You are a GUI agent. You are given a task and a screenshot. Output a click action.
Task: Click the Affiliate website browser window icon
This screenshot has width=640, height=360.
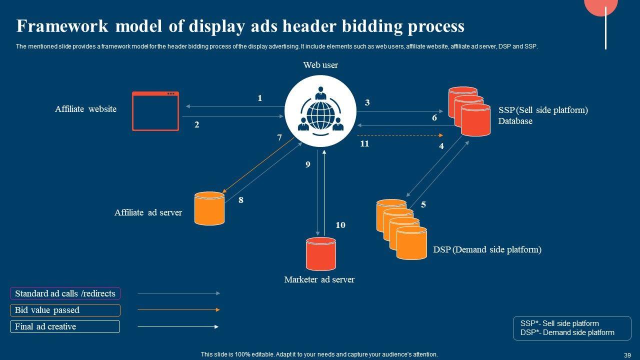(x=155, y=111)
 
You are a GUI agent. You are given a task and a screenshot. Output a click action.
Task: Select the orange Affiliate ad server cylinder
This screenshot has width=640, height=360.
(x=209, y=208)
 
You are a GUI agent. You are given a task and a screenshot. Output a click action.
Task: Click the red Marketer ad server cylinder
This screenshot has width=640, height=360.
(x=321, y=254)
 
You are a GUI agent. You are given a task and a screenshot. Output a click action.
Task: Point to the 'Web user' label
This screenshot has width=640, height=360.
(x=320, y=65)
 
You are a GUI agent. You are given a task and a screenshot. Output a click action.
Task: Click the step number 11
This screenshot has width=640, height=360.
(x=364, y=143)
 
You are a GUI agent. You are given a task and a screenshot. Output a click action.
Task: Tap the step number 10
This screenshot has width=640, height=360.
(x=340, y=225)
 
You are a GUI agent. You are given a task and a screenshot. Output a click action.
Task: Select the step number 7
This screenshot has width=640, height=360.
(x=279, y=137)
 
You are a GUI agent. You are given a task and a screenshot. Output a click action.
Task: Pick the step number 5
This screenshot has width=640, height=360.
(x=423, y=204)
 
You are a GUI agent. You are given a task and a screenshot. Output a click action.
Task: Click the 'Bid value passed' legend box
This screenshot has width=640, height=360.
(x=65, y=310)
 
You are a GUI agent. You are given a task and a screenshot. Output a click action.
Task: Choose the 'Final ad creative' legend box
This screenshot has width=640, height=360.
(x=65, y=326)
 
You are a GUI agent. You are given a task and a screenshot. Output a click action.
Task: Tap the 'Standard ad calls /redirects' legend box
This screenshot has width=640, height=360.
(x=65, y=293)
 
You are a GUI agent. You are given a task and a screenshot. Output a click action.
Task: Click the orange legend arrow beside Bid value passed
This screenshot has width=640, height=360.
(x=179, y=309)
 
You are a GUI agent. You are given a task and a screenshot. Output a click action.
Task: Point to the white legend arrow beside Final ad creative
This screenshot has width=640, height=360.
(x=178, y=326)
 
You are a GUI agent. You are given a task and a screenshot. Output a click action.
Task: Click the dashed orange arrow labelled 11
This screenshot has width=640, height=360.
(x=400, y=135)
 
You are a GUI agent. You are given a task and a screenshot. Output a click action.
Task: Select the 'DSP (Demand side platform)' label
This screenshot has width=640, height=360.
(x=487, y=249)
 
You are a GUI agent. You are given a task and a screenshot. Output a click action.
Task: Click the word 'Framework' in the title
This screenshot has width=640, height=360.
(x=62, y=26)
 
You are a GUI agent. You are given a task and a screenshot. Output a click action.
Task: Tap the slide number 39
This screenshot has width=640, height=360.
(x=627, y=355)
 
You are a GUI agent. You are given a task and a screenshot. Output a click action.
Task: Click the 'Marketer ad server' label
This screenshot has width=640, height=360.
(x=319, y=279)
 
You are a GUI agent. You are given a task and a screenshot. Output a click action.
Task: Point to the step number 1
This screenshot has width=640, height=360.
(x=259, y=98)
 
